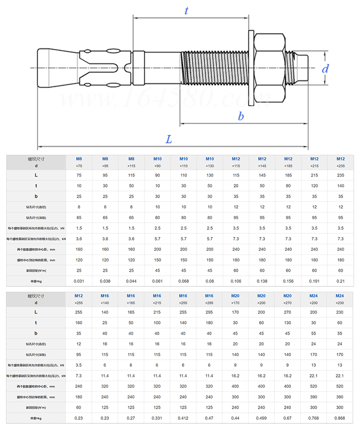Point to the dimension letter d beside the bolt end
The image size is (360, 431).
pos(325,69)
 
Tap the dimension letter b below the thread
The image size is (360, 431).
pos(241,116)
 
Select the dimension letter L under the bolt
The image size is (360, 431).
pos(169,139)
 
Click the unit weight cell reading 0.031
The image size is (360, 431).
pos(79,281)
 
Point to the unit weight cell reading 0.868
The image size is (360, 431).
pos(340,418)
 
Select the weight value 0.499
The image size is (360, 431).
pos(262,418)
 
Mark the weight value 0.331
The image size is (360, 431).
pos(157,418)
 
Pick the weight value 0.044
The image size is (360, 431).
pos(131,281)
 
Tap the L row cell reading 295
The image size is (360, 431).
pos(210,312)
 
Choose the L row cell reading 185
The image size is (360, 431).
pos(288,175)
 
